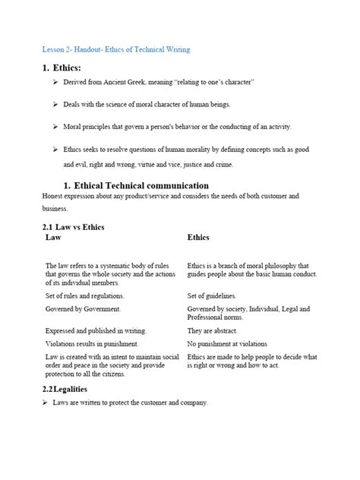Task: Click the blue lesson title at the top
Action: [x=116, y=49]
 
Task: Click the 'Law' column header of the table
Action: [x=55, y=237]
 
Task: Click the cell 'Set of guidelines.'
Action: [x=211, y=295]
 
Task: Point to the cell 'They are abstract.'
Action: [x=212, y=331]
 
